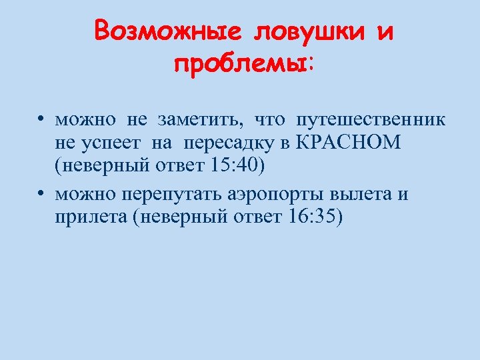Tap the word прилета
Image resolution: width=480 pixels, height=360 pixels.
(x=91, y=217)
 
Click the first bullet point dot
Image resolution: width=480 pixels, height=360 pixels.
(x=41, y=121)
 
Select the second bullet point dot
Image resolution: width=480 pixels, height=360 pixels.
(x=41, y=194)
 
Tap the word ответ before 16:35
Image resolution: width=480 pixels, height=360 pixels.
(x=257, y=217)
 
